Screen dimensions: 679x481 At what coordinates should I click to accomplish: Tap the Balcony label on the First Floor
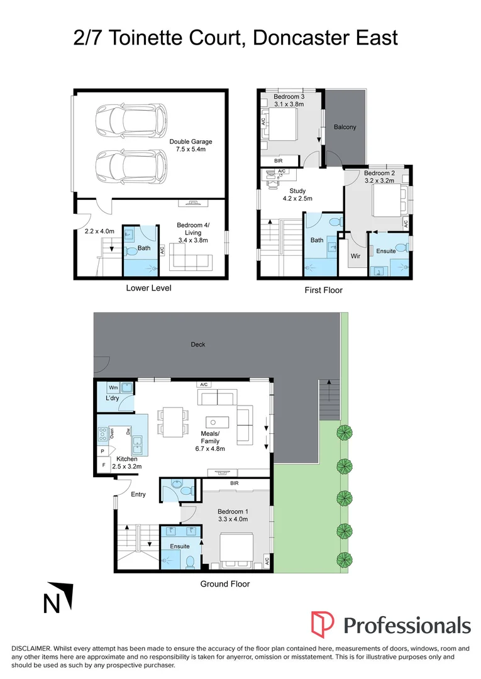pyautogui.click(x=345, y=127)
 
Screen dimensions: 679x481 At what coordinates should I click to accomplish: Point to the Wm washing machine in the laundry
pyautogui.click(x=114, y=388)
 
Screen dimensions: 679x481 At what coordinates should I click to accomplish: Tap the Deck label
pyautogui.click(x=199, y=345)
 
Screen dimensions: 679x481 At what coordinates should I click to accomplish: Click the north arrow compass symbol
pyautogui.click(x=58, y=598)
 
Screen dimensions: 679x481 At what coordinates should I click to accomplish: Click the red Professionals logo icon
pyautogui.click(x=323, y=624)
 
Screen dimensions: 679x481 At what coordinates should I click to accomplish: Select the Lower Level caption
pyautogui.click(x=148, y=289)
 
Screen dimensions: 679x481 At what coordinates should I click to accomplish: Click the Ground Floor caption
pyautogui.click(x=224, y=584)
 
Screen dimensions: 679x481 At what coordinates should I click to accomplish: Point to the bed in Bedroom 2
pyautogui.click(x=385, y=203)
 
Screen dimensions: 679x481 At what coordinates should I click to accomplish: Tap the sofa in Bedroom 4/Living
pyautogui.click(x=193, y=258)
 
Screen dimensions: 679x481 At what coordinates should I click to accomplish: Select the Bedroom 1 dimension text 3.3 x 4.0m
pyautogui.click(x=232, y=519)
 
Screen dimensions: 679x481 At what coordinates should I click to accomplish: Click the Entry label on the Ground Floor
pyautogui.click(x=138, y=494)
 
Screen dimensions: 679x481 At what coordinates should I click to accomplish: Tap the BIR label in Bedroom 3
pyautogui.click(x=277, y=161)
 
